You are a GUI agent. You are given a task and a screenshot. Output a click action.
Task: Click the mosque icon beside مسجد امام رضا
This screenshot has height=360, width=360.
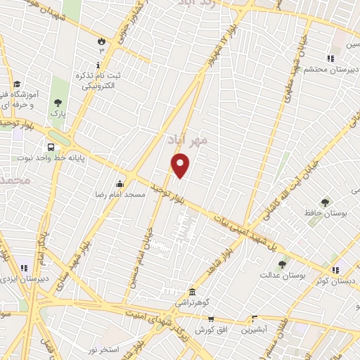click(x=128, y=179)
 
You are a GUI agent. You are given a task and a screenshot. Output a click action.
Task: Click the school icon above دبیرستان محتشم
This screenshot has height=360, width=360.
click(x=330, y=58)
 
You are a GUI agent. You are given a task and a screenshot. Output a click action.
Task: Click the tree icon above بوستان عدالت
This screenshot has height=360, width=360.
click(x=282, y=264)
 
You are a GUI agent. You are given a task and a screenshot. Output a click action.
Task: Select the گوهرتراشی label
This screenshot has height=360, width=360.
click(x=193, y=302)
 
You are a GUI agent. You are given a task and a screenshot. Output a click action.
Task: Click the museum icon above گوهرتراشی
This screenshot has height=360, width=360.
click(x=191, y=291)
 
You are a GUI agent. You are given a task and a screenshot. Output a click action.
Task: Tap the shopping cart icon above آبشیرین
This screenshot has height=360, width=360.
click(x=253, y=318)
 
